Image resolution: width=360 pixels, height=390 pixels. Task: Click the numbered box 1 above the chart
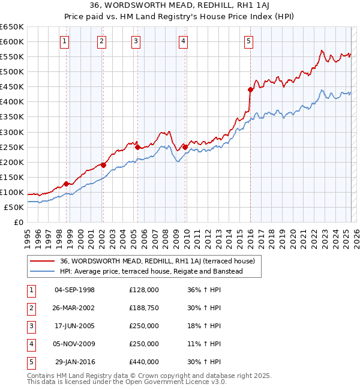click(64, 41)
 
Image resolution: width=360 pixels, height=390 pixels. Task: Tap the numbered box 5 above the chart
click(248, 41)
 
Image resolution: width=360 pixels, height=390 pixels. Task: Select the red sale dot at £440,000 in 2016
click(251, 89)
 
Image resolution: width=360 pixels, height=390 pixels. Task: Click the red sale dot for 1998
click(66, 184)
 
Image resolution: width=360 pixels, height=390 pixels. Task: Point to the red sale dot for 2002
click(103, 165)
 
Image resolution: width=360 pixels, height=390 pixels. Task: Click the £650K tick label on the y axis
click(12, 27)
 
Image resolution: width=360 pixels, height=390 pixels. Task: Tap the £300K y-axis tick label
click(12, 132)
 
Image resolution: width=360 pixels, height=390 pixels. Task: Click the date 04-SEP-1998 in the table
click(74, 290)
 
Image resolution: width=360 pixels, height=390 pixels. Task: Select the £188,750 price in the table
click(144, 308)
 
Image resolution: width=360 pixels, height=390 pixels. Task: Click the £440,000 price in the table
click(144, 362)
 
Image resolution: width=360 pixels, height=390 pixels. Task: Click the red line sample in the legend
click(42, 261)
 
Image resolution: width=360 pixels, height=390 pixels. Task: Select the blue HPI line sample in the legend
click(42, 271)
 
